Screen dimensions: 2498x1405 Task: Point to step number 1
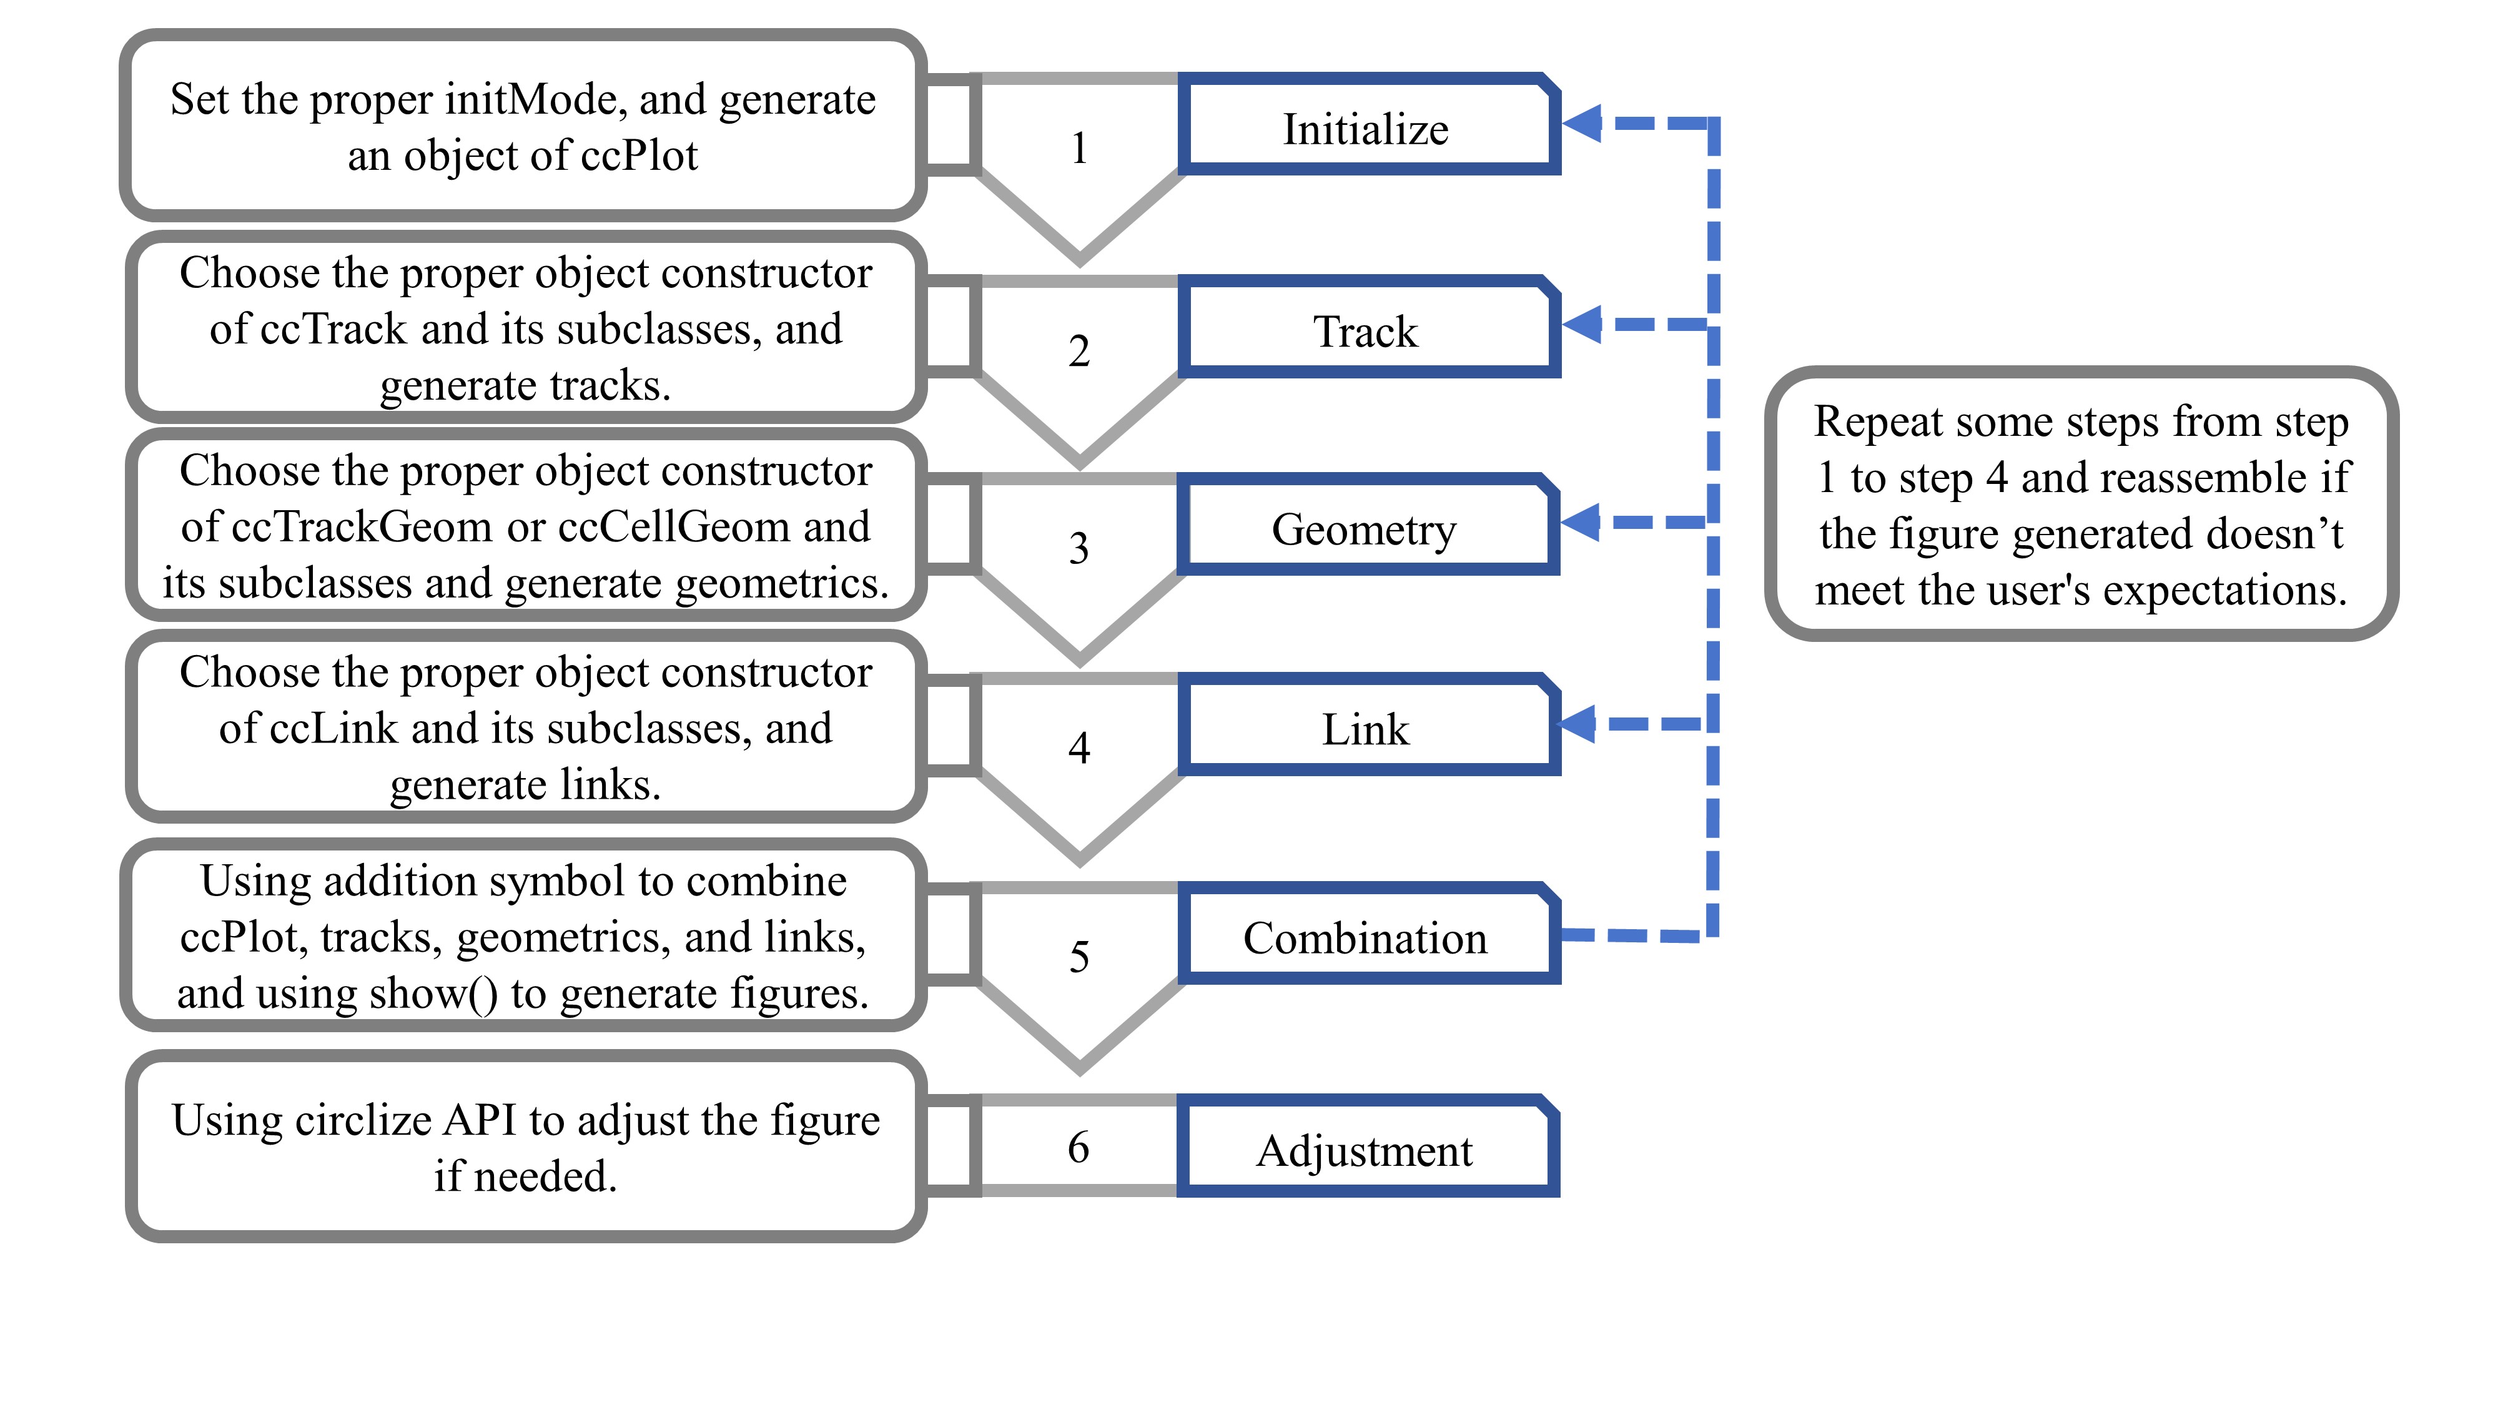coord(1079,149)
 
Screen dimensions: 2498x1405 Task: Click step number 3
coord(1079,548)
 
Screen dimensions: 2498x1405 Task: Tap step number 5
coord(1079,957)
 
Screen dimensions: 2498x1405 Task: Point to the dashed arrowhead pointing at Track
coord(1581,324)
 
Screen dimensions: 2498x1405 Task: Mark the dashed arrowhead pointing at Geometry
coord(1581,523)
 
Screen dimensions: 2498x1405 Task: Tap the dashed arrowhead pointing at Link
coord(1577,724)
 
